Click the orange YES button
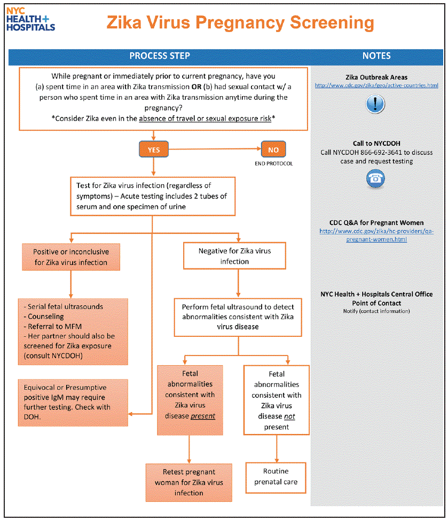(153, 150)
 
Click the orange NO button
(273, 150)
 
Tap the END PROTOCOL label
(273, 163)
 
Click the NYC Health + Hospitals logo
(31, 19)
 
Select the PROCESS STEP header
(160, 56)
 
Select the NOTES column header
(376, 56)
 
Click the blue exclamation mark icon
(376, 104)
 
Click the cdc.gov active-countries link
(376, 85)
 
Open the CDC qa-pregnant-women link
(376, 235)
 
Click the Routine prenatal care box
(276, 477)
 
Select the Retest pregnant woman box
(189, 483)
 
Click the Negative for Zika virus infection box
(235, 256)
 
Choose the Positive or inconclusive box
(70, 257)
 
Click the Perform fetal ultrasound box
(238, 317)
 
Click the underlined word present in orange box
(203, 415)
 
